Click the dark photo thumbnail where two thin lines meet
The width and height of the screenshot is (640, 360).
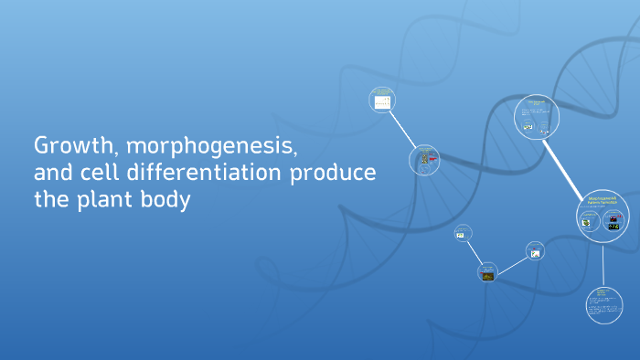coord(487,271)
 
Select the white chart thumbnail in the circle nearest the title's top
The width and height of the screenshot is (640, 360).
coord(381,101)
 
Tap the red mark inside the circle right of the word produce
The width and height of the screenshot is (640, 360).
coord(432,160)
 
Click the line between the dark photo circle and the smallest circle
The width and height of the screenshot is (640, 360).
coord(475,253)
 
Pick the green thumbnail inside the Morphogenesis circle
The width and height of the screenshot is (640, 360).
coord(589,220)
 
